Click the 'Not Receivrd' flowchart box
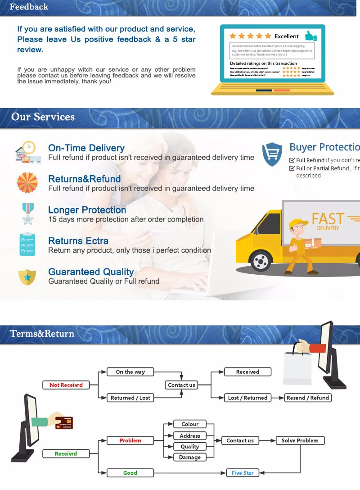pos(66,385)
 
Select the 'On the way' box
pos(130,372)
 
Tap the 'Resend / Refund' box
pos(308,398)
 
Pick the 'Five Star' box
pos(243,473)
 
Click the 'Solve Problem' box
pos(300,440)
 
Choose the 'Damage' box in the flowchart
pos(190,457)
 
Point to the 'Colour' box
pos(190,424)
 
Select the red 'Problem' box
pos(130,440)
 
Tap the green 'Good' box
pos(130,473)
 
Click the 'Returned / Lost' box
pos(130,398)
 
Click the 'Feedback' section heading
pos(29,7)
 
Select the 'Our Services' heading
pos(43,117)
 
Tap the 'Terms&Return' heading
pos(42,334)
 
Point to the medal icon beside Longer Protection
pos(27,214)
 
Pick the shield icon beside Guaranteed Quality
pos(27,277)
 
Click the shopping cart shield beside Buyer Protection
pos(272,154)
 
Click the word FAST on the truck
pos(328,219)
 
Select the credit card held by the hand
pos(63,422)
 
